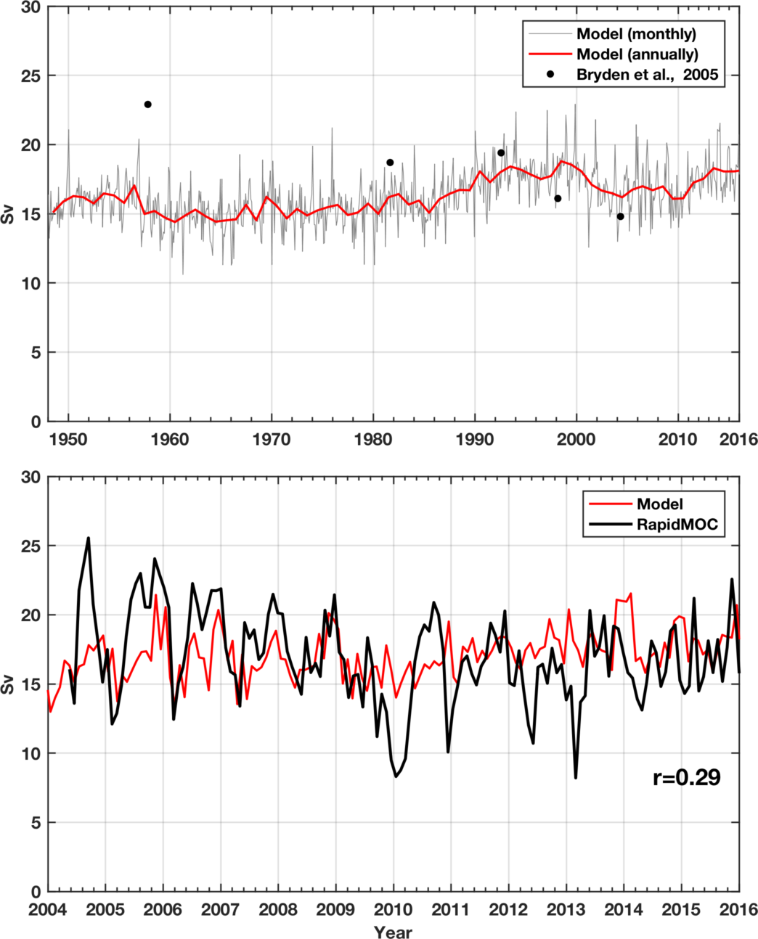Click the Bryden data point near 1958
click(x=147, y=104)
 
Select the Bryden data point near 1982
click(x=390, y=163)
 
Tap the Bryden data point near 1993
click(x=501, y=152)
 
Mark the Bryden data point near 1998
click(x=558, y=198)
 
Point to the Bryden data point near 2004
click(x=620, y=216)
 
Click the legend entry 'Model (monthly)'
click(x=636, y=34)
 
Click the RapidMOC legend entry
click(x=677, y=525)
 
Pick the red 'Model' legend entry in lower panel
click(x=660, y=504)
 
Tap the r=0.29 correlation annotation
click(x=686, y=778)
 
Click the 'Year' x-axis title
click(x=394, y=932)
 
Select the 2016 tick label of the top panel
click(x=739, y=439)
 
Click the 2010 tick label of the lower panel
click(x=394, y=909)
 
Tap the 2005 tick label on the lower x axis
click(x=105, y=909)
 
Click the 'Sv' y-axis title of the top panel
click(x=8, y=214)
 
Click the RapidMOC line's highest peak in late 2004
click(x=89, y=538)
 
